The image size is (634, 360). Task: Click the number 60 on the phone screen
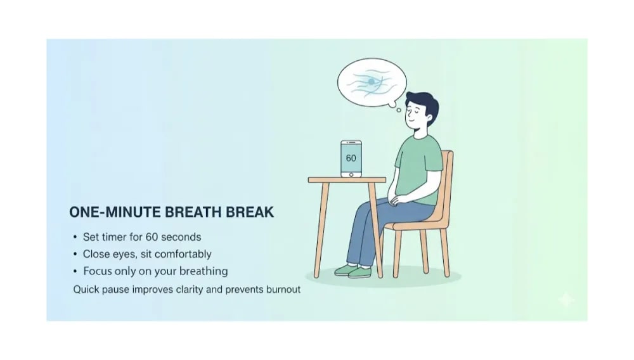[351, 157]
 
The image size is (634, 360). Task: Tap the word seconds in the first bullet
[179, 237]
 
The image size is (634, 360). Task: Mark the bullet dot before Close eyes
[75, 254]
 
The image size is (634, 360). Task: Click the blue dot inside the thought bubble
[371, 82]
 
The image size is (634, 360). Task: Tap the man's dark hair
[424, 101]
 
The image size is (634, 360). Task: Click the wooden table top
[347, 180]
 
